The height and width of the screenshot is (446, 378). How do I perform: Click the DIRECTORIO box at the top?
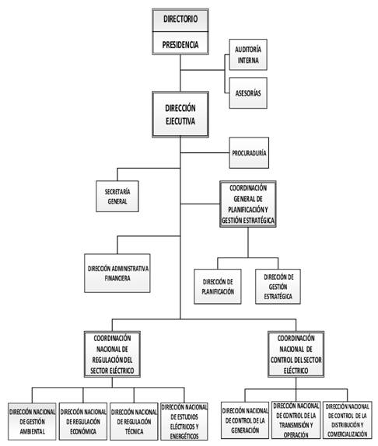[x=180, y=20]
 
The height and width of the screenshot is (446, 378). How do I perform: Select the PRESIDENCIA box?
[x=180, y=44]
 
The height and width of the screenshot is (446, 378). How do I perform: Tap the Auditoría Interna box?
[x=248, y=54]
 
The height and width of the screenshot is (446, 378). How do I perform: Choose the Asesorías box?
[x=248, y=93]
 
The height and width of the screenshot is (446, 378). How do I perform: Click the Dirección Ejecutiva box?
[x=180, y=114]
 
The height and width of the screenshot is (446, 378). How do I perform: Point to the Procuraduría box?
[x=249, y=153]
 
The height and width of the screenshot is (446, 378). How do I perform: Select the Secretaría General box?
[x=117, y=197]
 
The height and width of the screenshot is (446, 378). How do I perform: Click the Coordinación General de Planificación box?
[x=248, y=204]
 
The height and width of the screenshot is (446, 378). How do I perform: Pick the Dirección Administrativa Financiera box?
[x=117, y=273]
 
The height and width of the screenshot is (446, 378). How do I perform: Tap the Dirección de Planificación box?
[x=218, y=287]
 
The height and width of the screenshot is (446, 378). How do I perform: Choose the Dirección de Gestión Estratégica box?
[x=278, y=287]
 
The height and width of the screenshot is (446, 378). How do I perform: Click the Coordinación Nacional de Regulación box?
[x=112, y=354]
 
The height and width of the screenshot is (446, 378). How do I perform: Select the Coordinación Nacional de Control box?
[x=296, y=354]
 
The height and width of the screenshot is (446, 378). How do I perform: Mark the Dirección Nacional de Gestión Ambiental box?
[x=32, y=422]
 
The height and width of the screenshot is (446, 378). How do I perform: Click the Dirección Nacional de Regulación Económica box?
[x=83, y=422]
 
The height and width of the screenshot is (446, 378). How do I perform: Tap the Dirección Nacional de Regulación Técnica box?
[x=134, y=422]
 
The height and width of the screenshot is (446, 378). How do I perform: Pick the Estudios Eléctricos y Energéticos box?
[x=184, y=422]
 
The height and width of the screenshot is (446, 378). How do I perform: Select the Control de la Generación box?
[x=245, y=420]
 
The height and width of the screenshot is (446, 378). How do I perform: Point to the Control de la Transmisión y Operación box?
[x=296, y=420]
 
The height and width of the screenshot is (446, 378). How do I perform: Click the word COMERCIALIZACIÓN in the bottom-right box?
[x=347, y=434]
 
